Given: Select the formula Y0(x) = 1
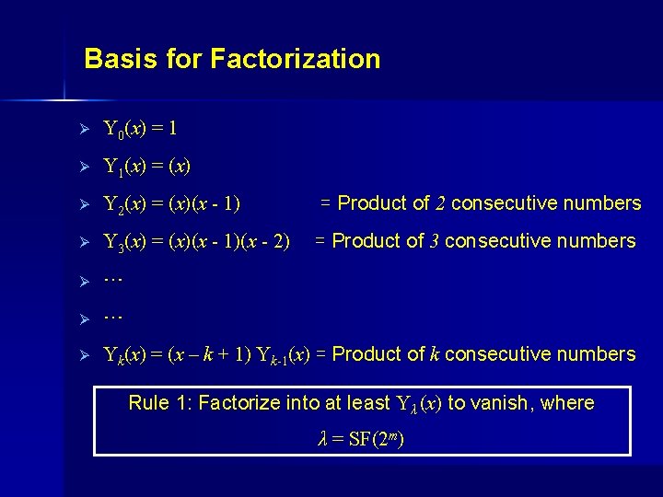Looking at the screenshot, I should pyautogui.click(x=140, y=128).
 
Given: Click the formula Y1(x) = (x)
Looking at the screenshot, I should pyautogui.click(x=147, y=167).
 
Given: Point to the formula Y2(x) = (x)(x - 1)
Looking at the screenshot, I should pyautogui.click(x=172, y=204).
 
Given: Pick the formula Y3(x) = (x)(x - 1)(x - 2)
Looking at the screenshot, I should pyautogui.click(x=196, y=242).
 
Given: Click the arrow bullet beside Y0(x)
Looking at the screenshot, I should pyautogui.click(x=83, y=129).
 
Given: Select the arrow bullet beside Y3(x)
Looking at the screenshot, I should pyautogui.click(x=83, y=243).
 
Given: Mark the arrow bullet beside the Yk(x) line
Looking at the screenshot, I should pyautogui.click(x=83, y=355).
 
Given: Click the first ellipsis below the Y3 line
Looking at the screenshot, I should pyautogui.click(x=113, y=276).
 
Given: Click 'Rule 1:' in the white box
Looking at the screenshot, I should pyautogui.click(x=160, y=402).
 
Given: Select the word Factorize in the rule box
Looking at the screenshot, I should pyautogui.click(x=234, y=402).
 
